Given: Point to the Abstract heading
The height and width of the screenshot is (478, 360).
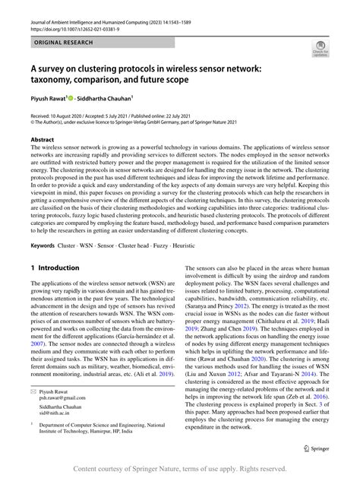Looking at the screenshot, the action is click(43, 140).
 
